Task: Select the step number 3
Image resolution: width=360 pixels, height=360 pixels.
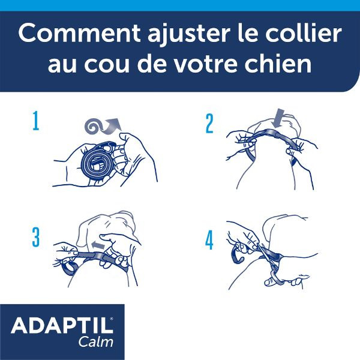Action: tap(36, 238)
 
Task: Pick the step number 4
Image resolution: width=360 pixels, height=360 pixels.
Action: tap(209, 241)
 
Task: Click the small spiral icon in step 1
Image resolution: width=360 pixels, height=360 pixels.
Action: tap(92, 126)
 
